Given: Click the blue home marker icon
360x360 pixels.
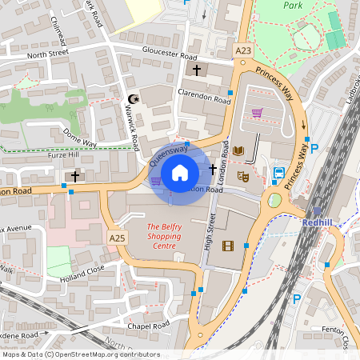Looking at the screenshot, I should (180, 172).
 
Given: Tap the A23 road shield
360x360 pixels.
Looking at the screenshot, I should (243, 50).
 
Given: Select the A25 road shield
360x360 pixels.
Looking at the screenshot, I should (117, 238).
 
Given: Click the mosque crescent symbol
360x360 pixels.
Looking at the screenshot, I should (133, 100).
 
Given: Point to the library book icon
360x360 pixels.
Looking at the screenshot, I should (238, 150).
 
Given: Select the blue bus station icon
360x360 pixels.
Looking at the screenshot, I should (279, 173).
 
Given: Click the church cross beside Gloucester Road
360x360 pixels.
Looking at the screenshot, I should (197, 70).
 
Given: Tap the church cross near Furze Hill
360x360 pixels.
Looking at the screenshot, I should (75, 175).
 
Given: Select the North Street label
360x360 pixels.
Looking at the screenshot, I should (48, 55).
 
